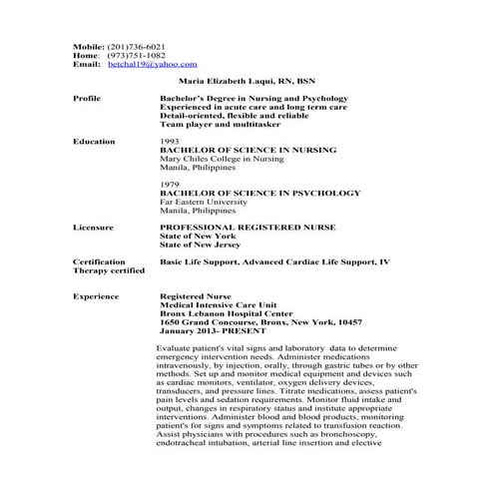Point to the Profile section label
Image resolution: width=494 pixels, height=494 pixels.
point(88,99)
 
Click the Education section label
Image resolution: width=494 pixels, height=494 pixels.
point(93,142)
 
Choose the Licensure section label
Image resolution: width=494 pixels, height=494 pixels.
point(93,228)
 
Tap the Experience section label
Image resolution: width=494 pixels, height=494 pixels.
point(95,296)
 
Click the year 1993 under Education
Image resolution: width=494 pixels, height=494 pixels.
point(170,142)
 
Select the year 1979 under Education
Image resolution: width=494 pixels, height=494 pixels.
point(170,185)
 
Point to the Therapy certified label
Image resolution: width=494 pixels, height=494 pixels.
point(108,270)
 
